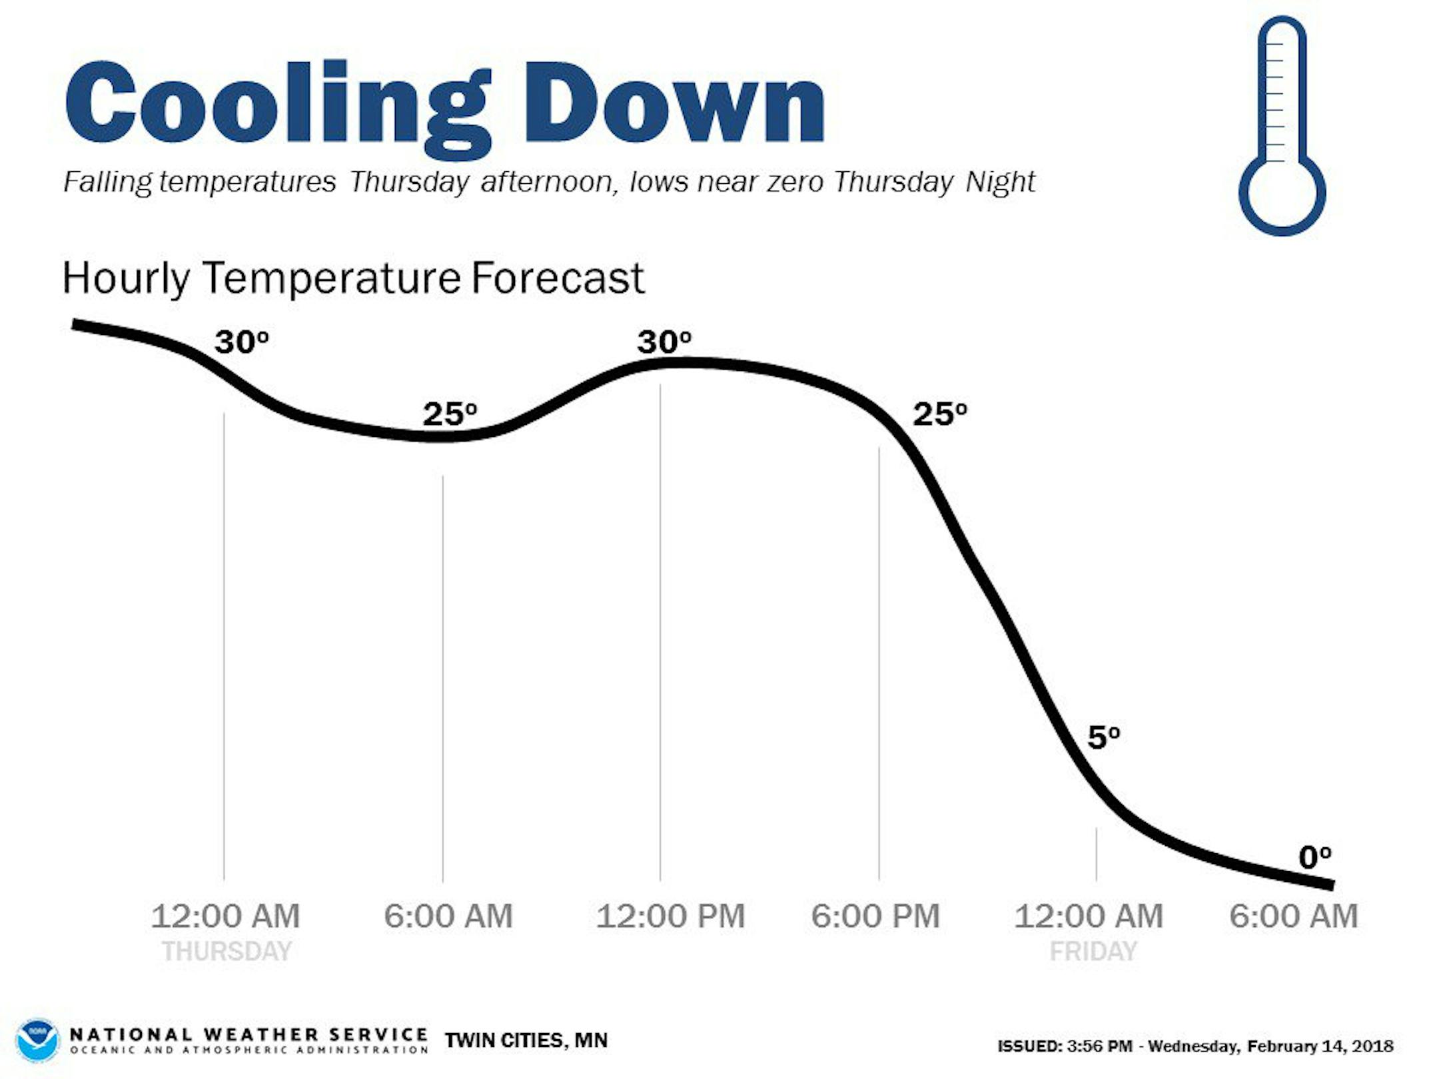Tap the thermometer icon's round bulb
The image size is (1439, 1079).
click(1282, 192)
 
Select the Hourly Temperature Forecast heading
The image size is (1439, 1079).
click(353, 278)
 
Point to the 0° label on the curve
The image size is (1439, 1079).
click(1314, 857)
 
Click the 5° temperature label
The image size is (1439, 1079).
click(1103, 737)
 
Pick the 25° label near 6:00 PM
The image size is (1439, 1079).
click(939, 414)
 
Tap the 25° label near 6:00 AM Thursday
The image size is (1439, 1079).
click(450, 414)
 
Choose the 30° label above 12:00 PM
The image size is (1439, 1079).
click(664, 342)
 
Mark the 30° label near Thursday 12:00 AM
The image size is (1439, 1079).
click(241, 342)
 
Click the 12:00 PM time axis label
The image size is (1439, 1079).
click(670, 916)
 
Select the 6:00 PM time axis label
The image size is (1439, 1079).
click(875, 916)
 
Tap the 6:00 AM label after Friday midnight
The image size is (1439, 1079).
click(1293, 916)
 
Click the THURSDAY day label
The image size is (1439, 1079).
click(227, 951)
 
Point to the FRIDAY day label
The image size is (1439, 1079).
click(1093, 951)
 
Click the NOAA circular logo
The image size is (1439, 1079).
click(38, 1040)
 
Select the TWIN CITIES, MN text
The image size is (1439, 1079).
click(526, 1040)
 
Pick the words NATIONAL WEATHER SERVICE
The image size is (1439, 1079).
click(248, 1034)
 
